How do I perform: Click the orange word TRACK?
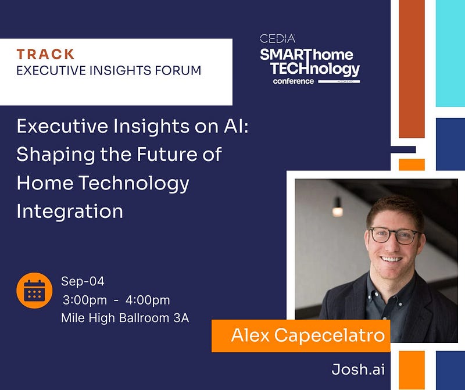point(45,54)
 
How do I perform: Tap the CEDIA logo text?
point(278,38)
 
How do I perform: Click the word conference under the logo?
point(294,81)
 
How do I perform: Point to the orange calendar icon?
point(34,291)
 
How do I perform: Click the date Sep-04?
point(83,281)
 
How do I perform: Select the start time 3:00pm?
point(85,300)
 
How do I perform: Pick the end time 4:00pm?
point(148,300)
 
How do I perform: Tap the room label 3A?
point(181,318)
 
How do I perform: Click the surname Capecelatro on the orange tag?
point(330,335)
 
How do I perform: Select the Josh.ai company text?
point(358,370)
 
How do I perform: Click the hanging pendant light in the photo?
point(338,207)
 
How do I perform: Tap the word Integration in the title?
point(70,212)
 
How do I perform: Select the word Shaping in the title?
point(56,155)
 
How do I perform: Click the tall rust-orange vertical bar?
point(412,69)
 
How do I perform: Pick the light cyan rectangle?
point(450,53)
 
